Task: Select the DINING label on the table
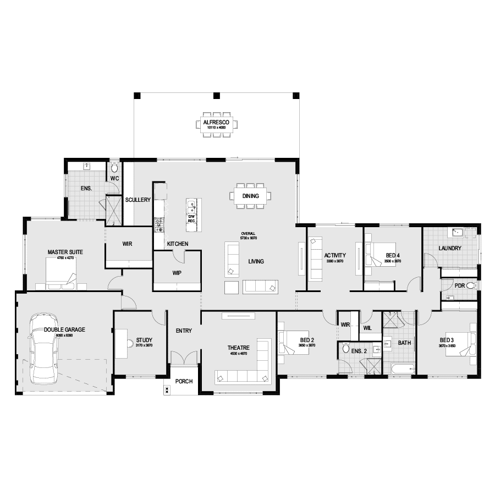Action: click(250, 196)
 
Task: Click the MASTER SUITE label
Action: click(65, 252)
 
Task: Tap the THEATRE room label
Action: click(239, 348)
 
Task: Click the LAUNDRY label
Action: click(450, 249)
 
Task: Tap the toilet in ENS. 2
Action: click(346, 348)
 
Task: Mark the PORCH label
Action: click(184, 382)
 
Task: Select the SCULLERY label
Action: click(137, 200)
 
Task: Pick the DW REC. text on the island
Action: click(191, 219)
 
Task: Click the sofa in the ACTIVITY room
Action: click(316, 258)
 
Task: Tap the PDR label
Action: click(460, 285)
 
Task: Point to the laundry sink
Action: click(457, 232)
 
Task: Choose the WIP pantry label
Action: click(177, 272)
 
